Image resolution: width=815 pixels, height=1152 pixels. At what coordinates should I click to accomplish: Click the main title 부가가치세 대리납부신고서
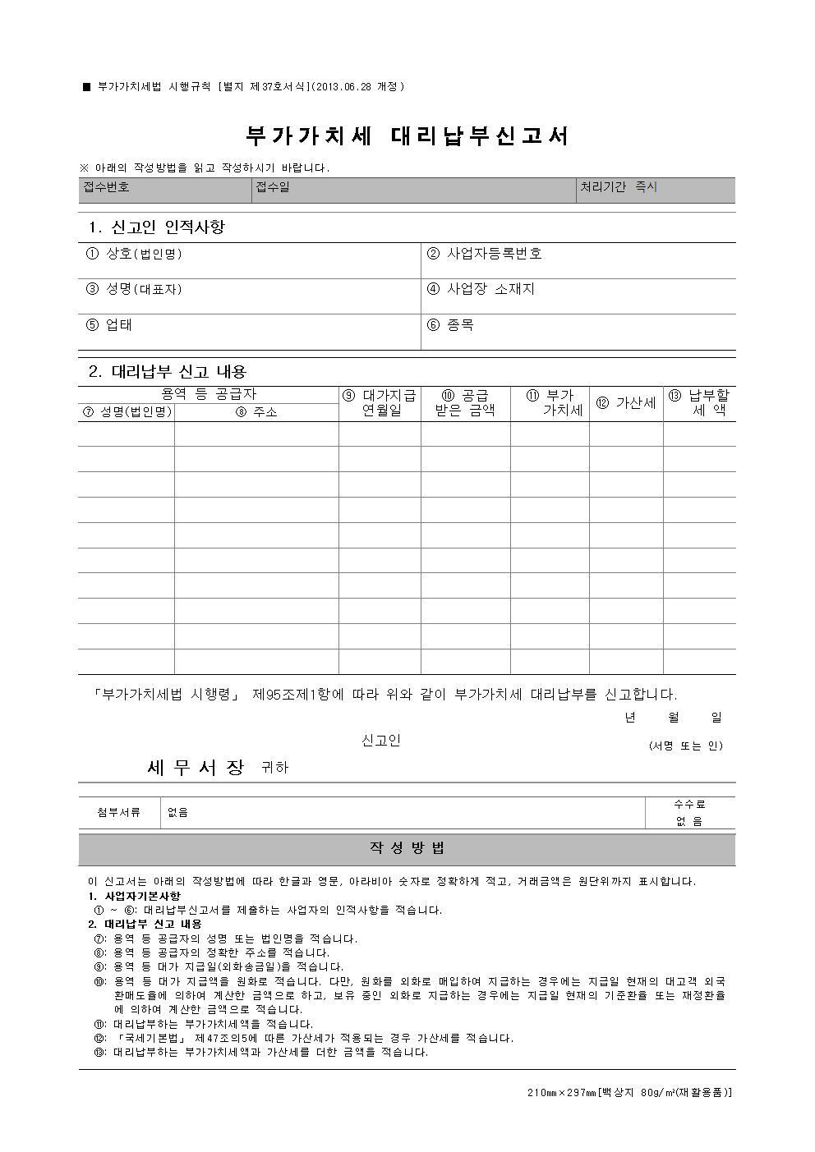407,136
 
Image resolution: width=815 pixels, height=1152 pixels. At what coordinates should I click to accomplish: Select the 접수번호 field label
106,187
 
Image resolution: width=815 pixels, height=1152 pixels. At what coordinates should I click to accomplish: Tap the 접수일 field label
273,187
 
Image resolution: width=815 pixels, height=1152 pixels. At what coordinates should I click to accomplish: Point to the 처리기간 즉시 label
619,187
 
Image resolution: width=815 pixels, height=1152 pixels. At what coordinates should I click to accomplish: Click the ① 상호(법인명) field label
134,254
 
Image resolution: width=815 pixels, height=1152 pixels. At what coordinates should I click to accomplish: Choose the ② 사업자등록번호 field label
484,254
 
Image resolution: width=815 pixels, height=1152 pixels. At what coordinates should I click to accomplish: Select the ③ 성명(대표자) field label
134,289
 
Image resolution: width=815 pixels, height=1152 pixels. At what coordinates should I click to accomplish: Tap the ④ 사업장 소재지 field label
481,289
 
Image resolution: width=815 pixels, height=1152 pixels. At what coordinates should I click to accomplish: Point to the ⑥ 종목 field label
450,325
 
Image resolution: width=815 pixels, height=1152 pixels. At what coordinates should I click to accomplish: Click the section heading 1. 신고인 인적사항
156,227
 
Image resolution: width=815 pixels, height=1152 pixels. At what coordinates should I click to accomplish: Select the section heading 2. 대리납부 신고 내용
168,371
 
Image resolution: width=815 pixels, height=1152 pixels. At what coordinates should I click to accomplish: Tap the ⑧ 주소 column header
256,412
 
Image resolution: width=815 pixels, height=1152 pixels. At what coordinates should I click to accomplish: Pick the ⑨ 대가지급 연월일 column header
380,403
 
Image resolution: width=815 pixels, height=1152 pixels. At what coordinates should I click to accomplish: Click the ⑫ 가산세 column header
626,403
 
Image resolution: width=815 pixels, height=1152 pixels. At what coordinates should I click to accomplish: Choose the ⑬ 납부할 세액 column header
699,403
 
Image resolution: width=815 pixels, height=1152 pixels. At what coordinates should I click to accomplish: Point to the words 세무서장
196,768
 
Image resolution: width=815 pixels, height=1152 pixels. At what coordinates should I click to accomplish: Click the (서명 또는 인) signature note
686,746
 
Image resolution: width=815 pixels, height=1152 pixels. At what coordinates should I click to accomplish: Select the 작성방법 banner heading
407,848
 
